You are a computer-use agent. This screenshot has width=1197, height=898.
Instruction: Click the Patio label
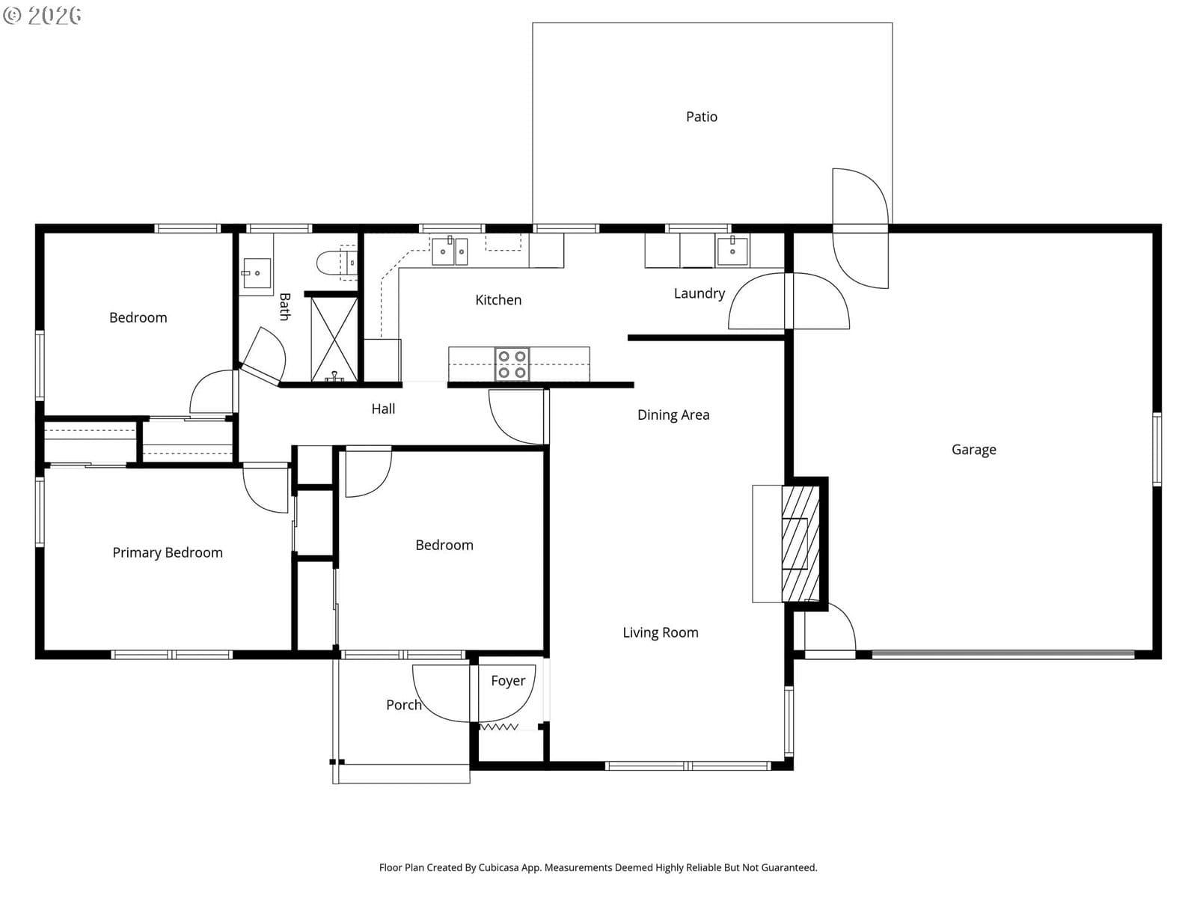tap(701, 117)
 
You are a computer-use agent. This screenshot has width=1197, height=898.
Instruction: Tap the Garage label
tap(973, 450)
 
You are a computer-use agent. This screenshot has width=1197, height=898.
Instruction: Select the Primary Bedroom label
tap(168, 553)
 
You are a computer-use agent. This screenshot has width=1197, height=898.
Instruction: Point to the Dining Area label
tap(673, 415)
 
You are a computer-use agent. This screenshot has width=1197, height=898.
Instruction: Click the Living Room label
tap(661, 632)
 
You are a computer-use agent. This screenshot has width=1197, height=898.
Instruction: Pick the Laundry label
tap(699, 294)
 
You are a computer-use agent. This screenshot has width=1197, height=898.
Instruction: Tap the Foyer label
tap(508, 681)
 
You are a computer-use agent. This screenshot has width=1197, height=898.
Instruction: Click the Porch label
tap(403, 705)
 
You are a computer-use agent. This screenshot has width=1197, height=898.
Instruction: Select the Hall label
tap(383, 409)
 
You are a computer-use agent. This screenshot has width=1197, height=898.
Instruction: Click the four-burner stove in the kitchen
tap(512, 364)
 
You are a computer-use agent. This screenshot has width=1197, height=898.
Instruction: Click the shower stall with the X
tap(334, 339)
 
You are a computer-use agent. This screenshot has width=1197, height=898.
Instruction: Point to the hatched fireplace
tap(800, 543)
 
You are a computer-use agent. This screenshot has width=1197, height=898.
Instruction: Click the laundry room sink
tap(732, 251)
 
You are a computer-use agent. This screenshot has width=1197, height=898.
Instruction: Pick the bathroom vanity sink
tap(257, 273)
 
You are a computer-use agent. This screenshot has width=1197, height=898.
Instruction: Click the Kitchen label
tap(498, 300)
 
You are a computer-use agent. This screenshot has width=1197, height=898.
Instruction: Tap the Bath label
tap(285, 307)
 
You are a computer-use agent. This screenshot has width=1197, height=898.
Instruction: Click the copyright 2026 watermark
tap(42, 16)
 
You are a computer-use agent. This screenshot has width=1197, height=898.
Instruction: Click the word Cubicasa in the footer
tap(498, 867)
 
